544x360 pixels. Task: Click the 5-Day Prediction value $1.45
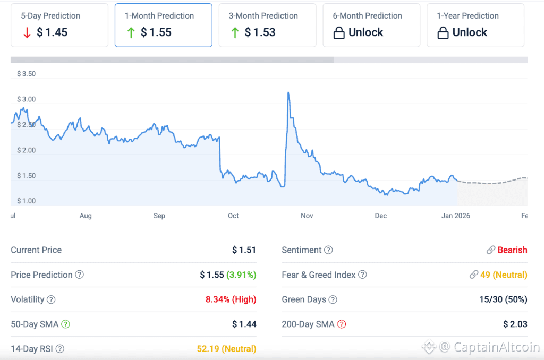coord(52,32)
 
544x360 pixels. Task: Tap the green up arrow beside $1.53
coord(235,33)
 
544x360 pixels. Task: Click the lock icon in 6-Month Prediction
coord(339,33)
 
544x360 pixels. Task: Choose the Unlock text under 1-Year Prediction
coord(470,32)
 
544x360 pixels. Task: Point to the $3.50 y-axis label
coord(26,74)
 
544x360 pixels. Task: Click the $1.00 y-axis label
coord(26,201)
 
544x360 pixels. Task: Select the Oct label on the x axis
coord(233,216)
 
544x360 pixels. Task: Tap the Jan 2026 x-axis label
coord(455,216)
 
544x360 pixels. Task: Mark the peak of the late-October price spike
coord(288,93)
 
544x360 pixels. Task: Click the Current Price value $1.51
coord(244,250)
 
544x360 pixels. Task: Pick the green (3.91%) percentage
coord(241,275)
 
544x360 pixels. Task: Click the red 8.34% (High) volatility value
coord(231,299)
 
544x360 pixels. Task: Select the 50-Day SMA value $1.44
coord(244,324)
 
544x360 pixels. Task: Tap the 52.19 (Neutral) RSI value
coord(226,349)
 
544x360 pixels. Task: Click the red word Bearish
coord(512,250)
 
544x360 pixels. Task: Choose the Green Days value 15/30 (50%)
coord(503,299)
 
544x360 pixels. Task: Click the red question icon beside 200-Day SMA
coord(342,324)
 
